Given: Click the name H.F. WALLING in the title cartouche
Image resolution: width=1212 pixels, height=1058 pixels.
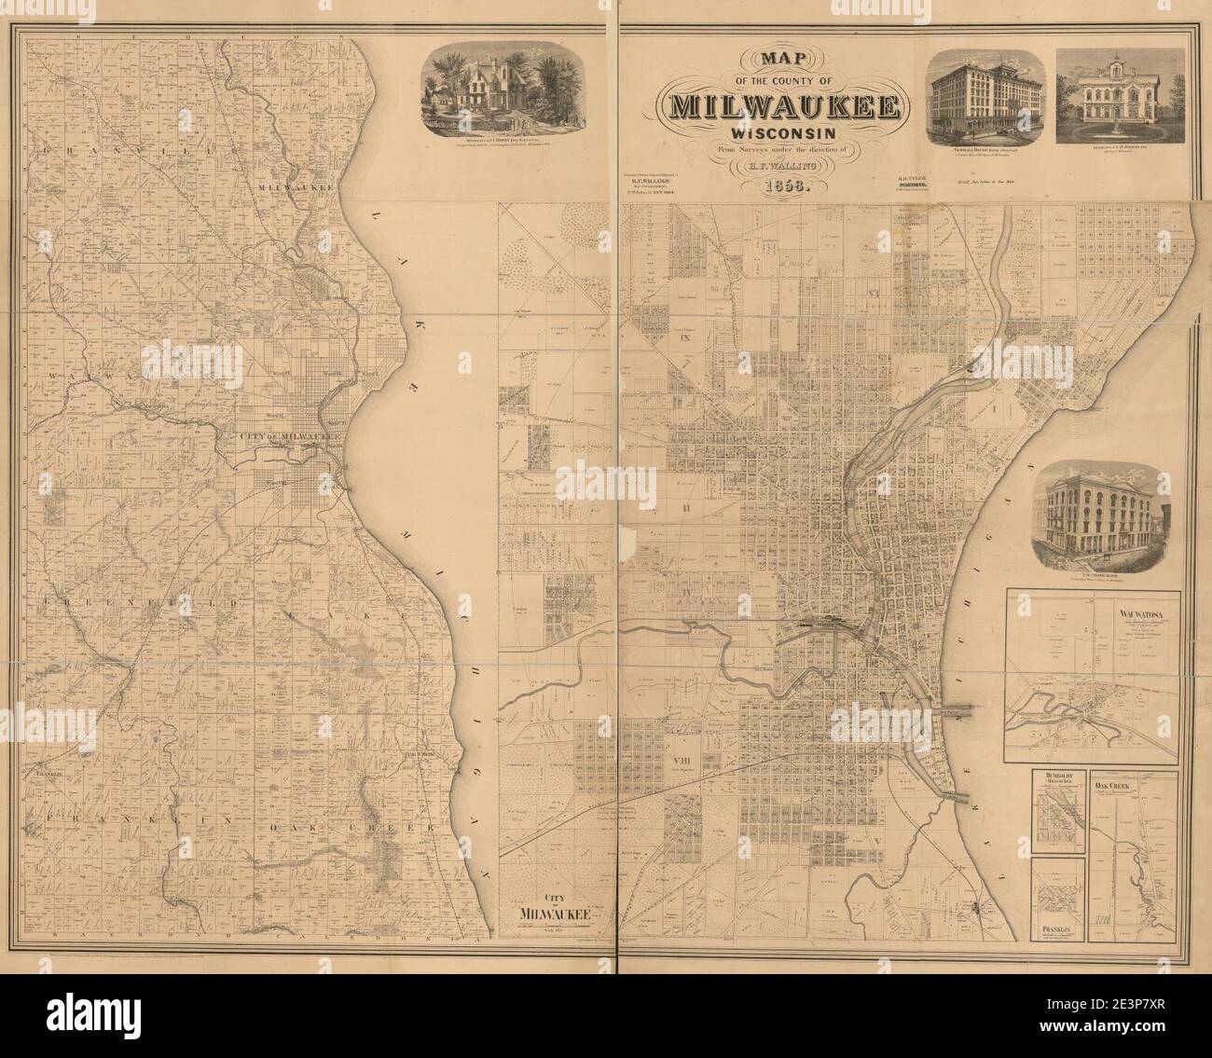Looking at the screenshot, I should point(783,166).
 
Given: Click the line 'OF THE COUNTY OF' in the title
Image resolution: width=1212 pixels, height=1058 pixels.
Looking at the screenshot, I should point(783,80).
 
